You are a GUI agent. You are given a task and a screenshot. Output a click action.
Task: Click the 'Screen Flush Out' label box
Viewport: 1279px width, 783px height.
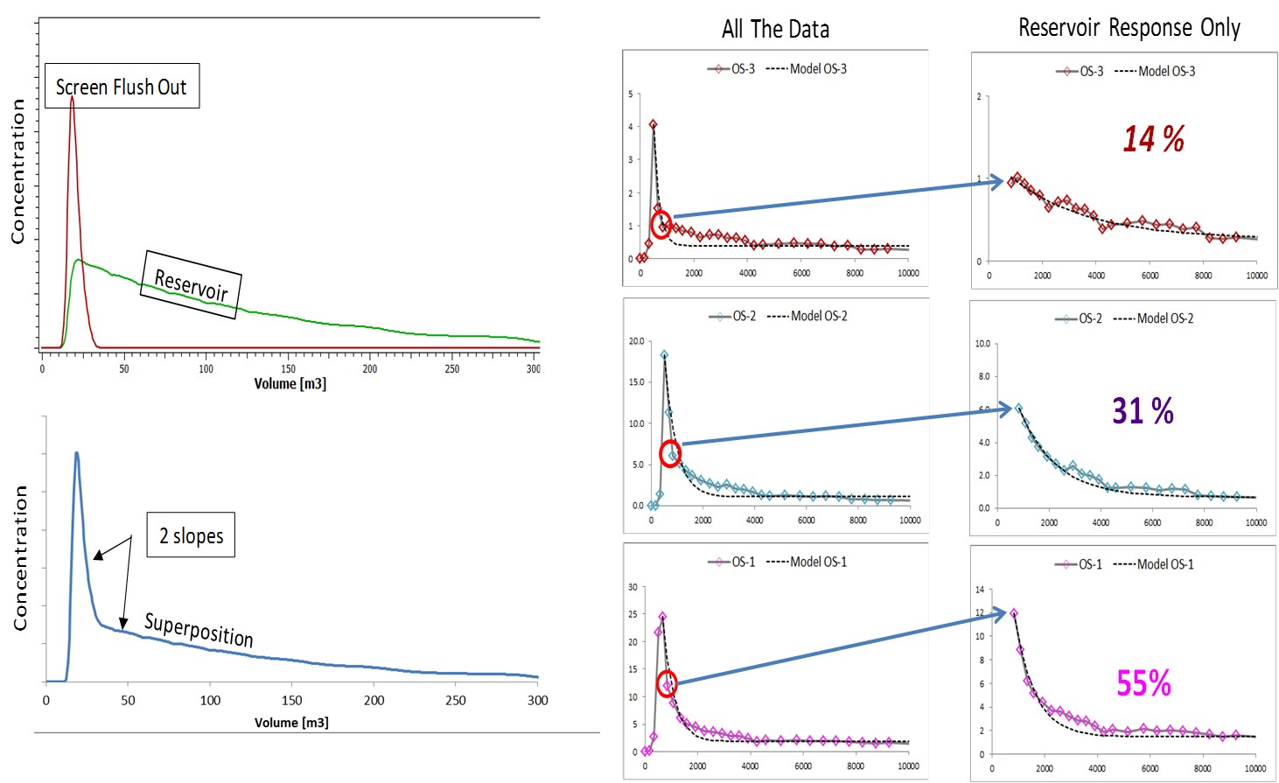coord(122,87)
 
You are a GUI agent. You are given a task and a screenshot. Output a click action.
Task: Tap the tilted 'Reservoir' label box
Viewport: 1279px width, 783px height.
coord(191,284)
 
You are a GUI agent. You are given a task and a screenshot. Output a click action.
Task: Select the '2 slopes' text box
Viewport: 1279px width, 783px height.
coord(191,535)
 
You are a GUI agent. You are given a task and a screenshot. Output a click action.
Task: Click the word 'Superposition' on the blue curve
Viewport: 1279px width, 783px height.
coord(199,629)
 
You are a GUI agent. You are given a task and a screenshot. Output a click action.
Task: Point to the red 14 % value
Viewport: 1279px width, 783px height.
coord(1153,139)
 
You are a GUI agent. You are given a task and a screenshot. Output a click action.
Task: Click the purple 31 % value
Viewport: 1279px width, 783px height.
coord(1143,410)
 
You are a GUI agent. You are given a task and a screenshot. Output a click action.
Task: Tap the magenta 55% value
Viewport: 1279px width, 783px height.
coord(1143,683)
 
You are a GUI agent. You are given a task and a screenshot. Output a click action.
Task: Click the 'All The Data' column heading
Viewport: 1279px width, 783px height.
coord(775,30)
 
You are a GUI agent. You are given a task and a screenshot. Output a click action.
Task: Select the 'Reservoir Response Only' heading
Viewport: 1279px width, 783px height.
coord(1129,28)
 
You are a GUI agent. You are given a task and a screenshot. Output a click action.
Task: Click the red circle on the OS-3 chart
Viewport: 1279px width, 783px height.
coord(661,225)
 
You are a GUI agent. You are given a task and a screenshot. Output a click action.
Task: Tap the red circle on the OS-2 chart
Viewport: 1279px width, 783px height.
coord(670,453)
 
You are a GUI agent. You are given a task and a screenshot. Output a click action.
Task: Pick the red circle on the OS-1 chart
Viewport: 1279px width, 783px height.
coord(667,684)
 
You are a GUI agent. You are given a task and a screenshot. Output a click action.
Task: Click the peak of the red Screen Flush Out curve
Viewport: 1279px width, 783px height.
coord(72,98)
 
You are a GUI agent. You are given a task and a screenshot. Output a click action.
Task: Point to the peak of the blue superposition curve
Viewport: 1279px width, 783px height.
coord(76,453)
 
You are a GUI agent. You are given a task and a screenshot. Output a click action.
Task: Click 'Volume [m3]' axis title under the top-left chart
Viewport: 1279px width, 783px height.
coord(290,384)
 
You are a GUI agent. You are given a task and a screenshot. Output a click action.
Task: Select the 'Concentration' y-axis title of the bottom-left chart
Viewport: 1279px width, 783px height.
coord(20,558)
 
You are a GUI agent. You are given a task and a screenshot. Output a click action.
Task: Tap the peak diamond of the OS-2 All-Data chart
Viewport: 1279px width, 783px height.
coord(664,355)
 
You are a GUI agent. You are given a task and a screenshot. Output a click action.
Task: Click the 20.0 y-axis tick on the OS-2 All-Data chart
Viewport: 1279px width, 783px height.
coord(636,341)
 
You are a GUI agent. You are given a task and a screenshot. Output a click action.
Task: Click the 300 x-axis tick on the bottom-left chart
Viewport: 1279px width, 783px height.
coord(537,700)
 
